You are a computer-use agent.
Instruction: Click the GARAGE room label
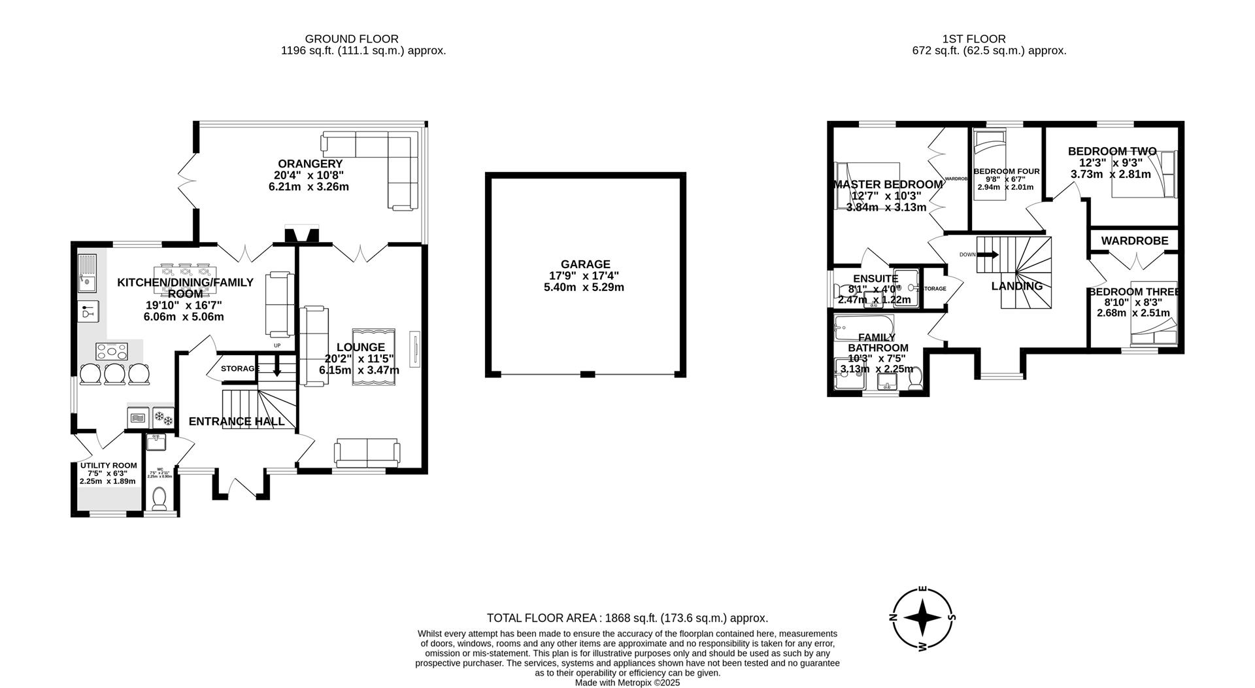point(585,264)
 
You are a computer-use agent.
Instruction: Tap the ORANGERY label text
point(310,163)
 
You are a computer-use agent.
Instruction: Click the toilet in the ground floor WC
point(159,500)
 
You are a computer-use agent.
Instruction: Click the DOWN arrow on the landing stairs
point(988,254)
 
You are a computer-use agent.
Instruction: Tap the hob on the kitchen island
point(112,352)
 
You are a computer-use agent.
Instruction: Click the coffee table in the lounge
point(373,357)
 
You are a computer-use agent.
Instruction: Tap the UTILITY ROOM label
point(108,466)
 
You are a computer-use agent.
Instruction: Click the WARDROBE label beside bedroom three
point(1134,241)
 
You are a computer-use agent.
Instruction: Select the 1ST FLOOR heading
point(973,39)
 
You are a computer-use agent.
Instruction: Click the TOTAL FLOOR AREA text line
point(627,618)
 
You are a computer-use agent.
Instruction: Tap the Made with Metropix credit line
point(627,683)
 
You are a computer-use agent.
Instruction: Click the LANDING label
point(1016,286)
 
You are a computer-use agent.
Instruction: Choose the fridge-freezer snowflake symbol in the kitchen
point(163,417)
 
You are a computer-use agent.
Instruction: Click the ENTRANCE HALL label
point(237,421)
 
